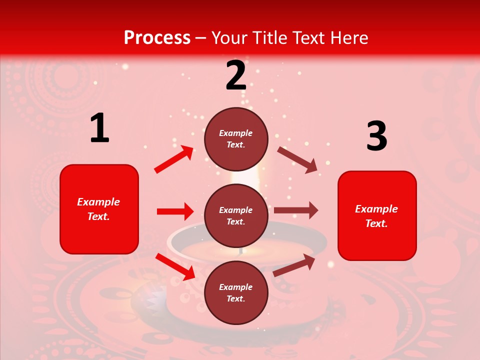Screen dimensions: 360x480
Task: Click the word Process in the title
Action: pyautogui.click(x=157, y=38)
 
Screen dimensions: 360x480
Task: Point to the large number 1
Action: pyautogui.click(x=99, y=128)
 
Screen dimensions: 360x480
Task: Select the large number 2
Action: pyautogui.click(x=236, y=75)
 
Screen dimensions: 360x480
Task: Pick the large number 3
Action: pyautogui.click(x=376, y=136)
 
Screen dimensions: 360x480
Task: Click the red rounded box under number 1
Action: pyautogui.click(x=99, y=209)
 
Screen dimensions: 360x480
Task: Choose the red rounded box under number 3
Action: pyautogui.click(x=377, y=215)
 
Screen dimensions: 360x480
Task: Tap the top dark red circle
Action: pyautogui.click(x=236, y=139)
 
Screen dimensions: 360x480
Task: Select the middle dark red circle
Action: pyautogui.click(x=236, y=215)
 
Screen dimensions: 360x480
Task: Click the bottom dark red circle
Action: pyautogui.click(x=236, y=292)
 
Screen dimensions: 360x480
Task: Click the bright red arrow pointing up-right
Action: pyautogui.click(x=174, y=159)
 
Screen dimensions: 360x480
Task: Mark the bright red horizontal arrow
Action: pyautogui.click(x=175, y=211)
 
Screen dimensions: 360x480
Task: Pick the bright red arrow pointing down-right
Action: pyautogui.click(x=175, y=266)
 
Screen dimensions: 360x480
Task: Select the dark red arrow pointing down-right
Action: pyautogui.click(x=297, y=160)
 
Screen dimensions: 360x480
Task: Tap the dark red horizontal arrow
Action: pyautogui.click(x=296, y=210)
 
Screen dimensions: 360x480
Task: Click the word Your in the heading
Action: pyautogui.click(x=230, y=38)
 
